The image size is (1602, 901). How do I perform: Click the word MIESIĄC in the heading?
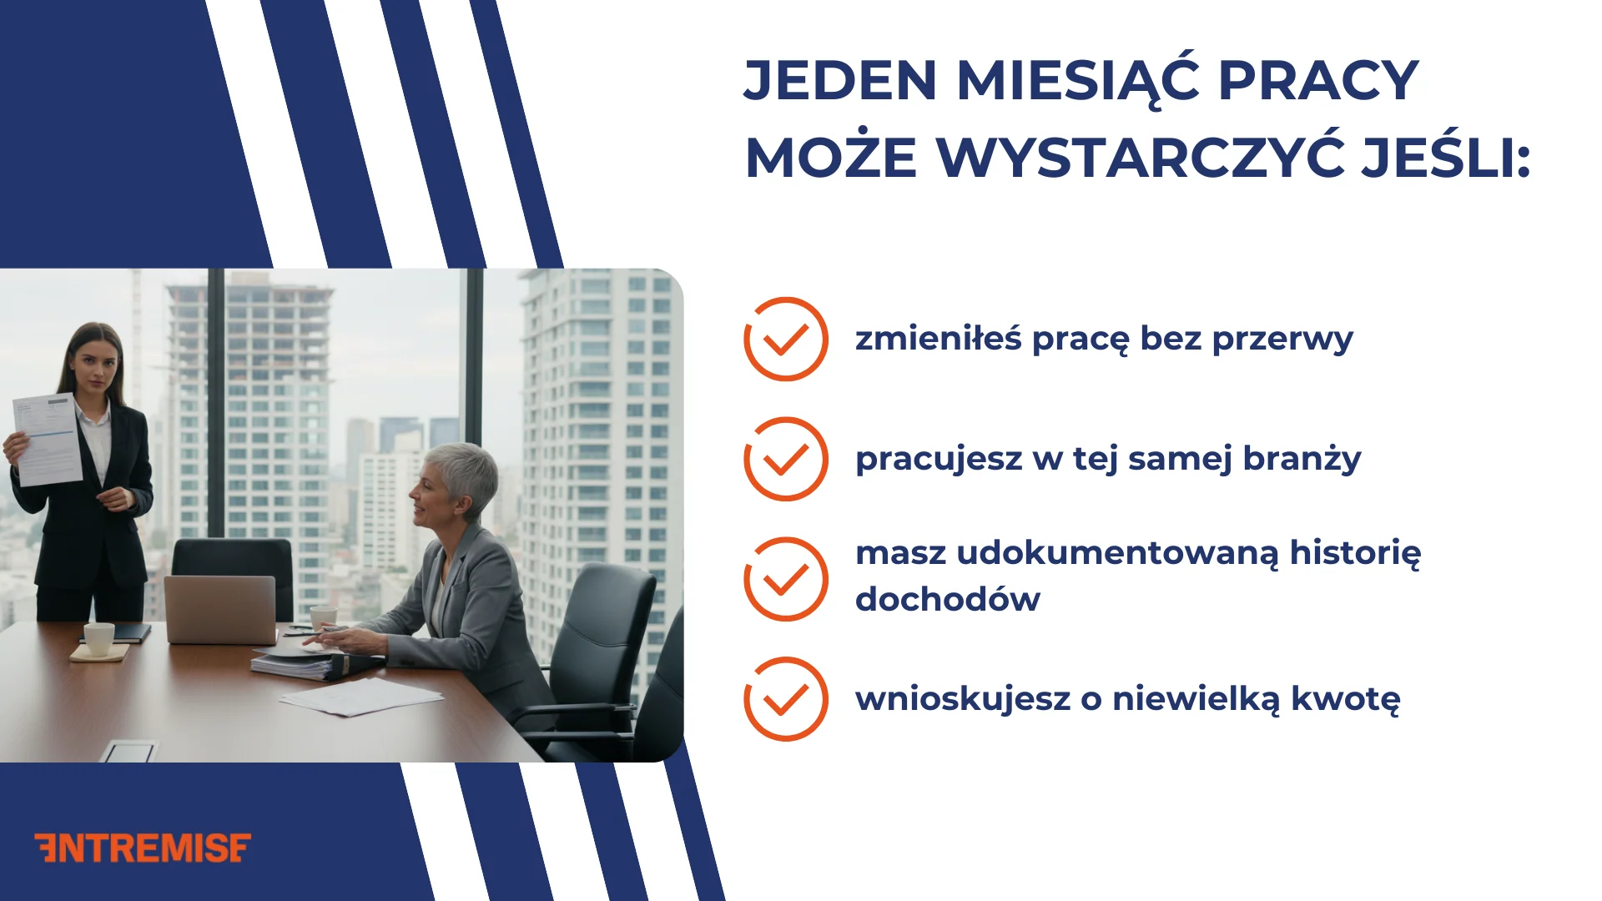coord(1077,81)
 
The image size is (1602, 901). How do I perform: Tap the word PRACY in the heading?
coord(1318,81)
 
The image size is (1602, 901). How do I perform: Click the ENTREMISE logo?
coord(143,848)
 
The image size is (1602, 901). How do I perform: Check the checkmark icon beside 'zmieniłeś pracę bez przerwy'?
coord(785,340)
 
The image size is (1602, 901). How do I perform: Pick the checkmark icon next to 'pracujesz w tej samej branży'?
coord(785,459)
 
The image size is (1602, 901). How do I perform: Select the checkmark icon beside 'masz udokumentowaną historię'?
coord(785,579)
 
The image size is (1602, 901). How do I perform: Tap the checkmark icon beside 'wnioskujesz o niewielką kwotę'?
coord(785,699)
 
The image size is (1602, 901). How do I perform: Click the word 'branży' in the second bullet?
coord(1302,459)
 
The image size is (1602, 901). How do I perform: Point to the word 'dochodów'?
coord(948,600)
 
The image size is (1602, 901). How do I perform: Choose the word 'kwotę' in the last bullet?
coord(1345,699)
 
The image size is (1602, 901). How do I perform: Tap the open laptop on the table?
coord(220,609)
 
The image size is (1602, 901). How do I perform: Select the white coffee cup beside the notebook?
coord(99,639)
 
